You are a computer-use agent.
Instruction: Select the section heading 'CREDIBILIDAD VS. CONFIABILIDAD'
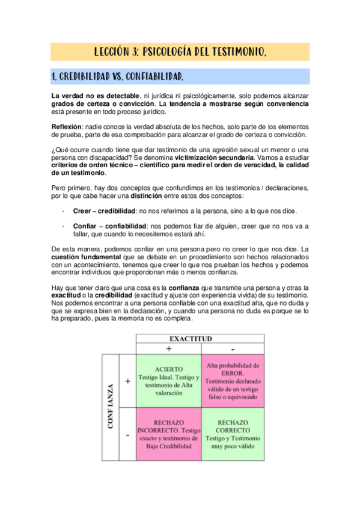pyautogui.click(x=117, y=77)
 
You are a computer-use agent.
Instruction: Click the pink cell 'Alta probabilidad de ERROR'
pyautogui.click(x=233, y=381)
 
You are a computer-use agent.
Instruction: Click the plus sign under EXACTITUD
pyautogui.click(x=169, y=349)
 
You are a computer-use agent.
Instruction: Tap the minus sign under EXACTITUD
pyautogui.click(x=233, y=349)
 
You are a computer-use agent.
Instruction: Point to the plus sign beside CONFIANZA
pyautogui.click(x=127, y=381)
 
